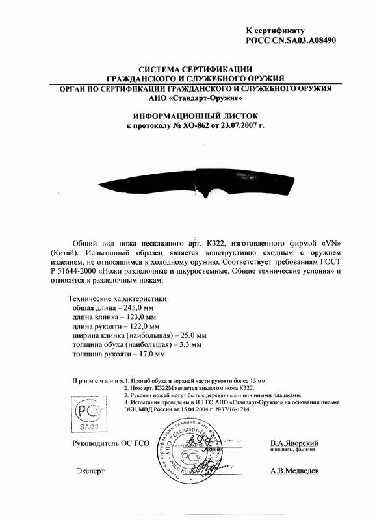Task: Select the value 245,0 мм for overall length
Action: tap(139, 307)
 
